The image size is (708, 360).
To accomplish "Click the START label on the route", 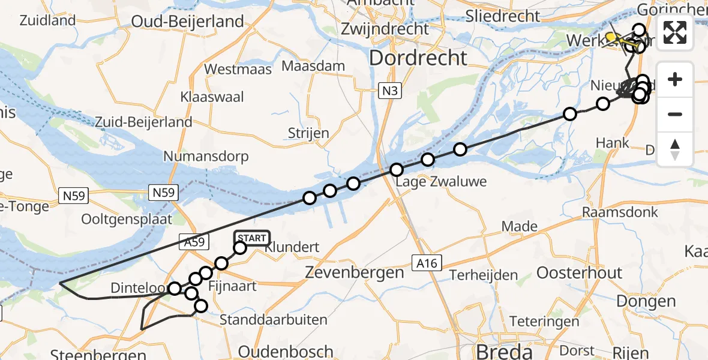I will pos(252,238).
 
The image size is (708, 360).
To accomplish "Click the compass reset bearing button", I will pos(675,149).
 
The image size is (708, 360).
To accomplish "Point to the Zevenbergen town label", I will pos(355,272).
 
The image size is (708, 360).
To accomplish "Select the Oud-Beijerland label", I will pos(188,22).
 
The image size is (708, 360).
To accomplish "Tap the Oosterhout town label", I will pos(579,272).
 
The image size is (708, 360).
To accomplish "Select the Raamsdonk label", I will pos(620,212).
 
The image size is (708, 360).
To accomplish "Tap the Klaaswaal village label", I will pos(208,97).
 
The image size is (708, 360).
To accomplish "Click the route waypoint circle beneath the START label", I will pos(239,247).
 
